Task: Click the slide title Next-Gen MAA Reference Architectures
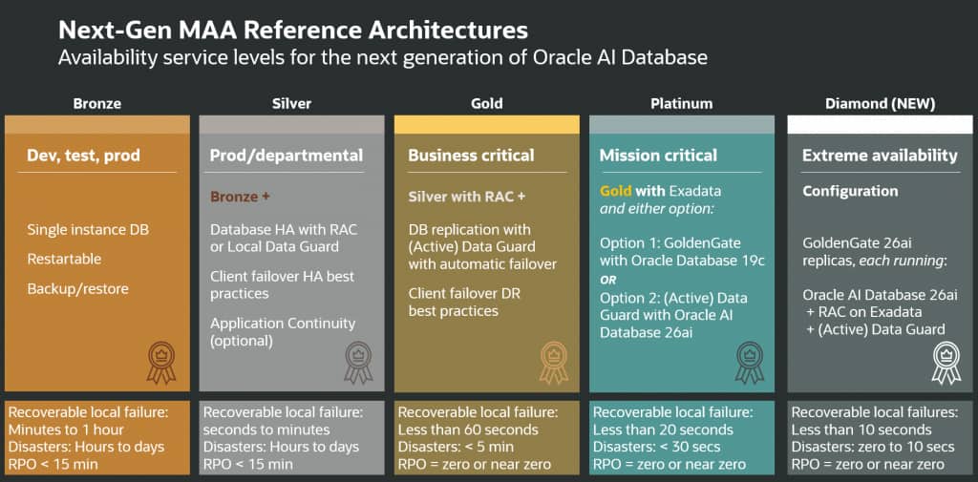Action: pos(293,30)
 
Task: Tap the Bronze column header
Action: pos(96,104)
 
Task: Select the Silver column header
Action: pos(292,104)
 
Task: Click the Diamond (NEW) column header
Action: pos(880,104)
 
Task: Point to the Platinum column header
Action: pos(682,104)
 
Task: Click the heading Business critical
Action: pos(471,156)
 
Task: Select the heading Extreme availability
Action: pos(880,156)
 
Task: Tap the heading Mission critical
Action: pos(659,156)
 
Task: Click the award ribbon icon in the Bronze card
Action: pos(161,363)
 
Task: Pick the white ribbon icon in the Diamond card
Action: pos(946,363)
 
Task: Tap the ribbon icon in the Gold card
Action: pos(554,363)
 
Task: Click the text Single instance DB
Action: pos(88,230)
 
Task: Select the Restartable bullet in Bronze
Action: pos(64,259)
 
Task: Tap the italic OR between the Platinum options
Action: pos(608,280)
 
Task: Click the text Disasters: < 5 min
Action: pos(456,447)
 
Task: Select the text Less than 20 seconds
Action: pos(663,430)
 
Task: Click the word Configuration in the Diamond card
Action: pos(850,192)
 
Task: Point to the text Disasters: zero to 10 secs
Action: pos(873,447)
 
